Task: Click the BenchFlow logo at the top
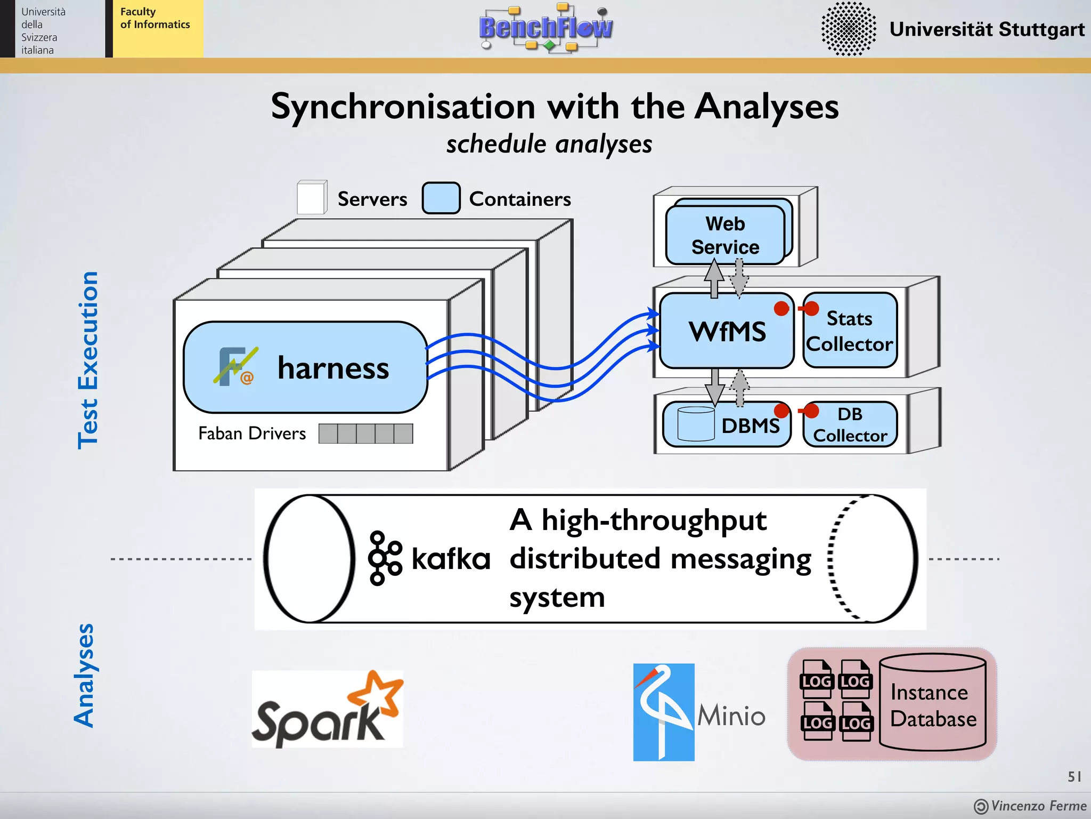546,28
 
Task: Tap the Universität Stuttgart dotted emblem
848,29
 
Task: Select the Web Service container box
725,235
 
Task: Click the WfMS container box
727,331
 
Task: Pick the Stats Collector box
850,331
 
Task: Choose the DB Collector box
850,425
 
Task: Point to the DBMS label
750,425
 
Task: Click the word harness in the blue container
333,368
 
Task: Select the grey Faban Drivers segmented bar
365,433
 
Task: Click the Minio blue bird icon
663,711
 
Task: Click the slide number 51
1074,776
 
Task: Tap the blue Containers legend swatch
441,198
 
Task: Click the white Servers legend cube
312,198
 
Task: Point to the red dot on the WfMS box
781,309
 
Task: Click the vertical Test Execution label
88,360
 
